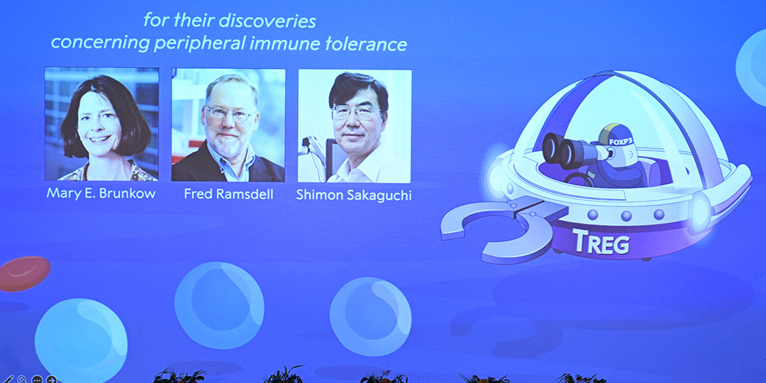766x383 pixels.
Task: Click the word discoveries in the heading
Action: (x=267, y=21)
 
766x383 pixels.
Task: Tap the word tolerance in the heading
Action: (x=367, y=43)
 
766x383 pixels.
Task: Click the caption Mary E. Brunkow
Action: (x=101, y=194)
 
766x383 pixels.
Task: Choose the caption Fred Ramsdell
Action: (x=228, y=194)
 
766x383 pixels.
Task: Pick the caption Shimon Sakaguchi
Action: (x=354, y=195)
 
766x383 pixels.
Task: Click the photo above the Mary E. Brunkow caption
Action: (x=101, y=124)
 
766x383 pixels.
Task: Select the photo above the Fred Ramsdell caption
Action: (x=228, y=125)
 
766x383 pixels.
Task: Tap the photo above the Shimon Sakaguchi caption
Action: (x=355, y=126)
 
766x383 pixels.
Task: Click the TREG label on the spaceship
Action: (x=601, y=242)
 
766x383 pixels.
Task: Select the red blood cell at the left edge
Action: (x=24, y=274)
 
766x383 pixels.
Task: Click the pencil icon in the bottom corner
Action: (x=9, y=379)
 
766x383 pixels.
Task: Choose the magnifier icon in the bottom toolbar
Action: (x=22, y=379)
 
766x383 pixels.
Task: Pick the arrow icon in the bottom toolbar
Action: (x=51, y=379)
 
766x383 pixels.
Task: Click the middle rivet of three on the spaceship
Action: (x=626, y=216)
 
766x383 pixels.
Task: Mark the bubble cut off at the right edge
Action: (x=752, y=67)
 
